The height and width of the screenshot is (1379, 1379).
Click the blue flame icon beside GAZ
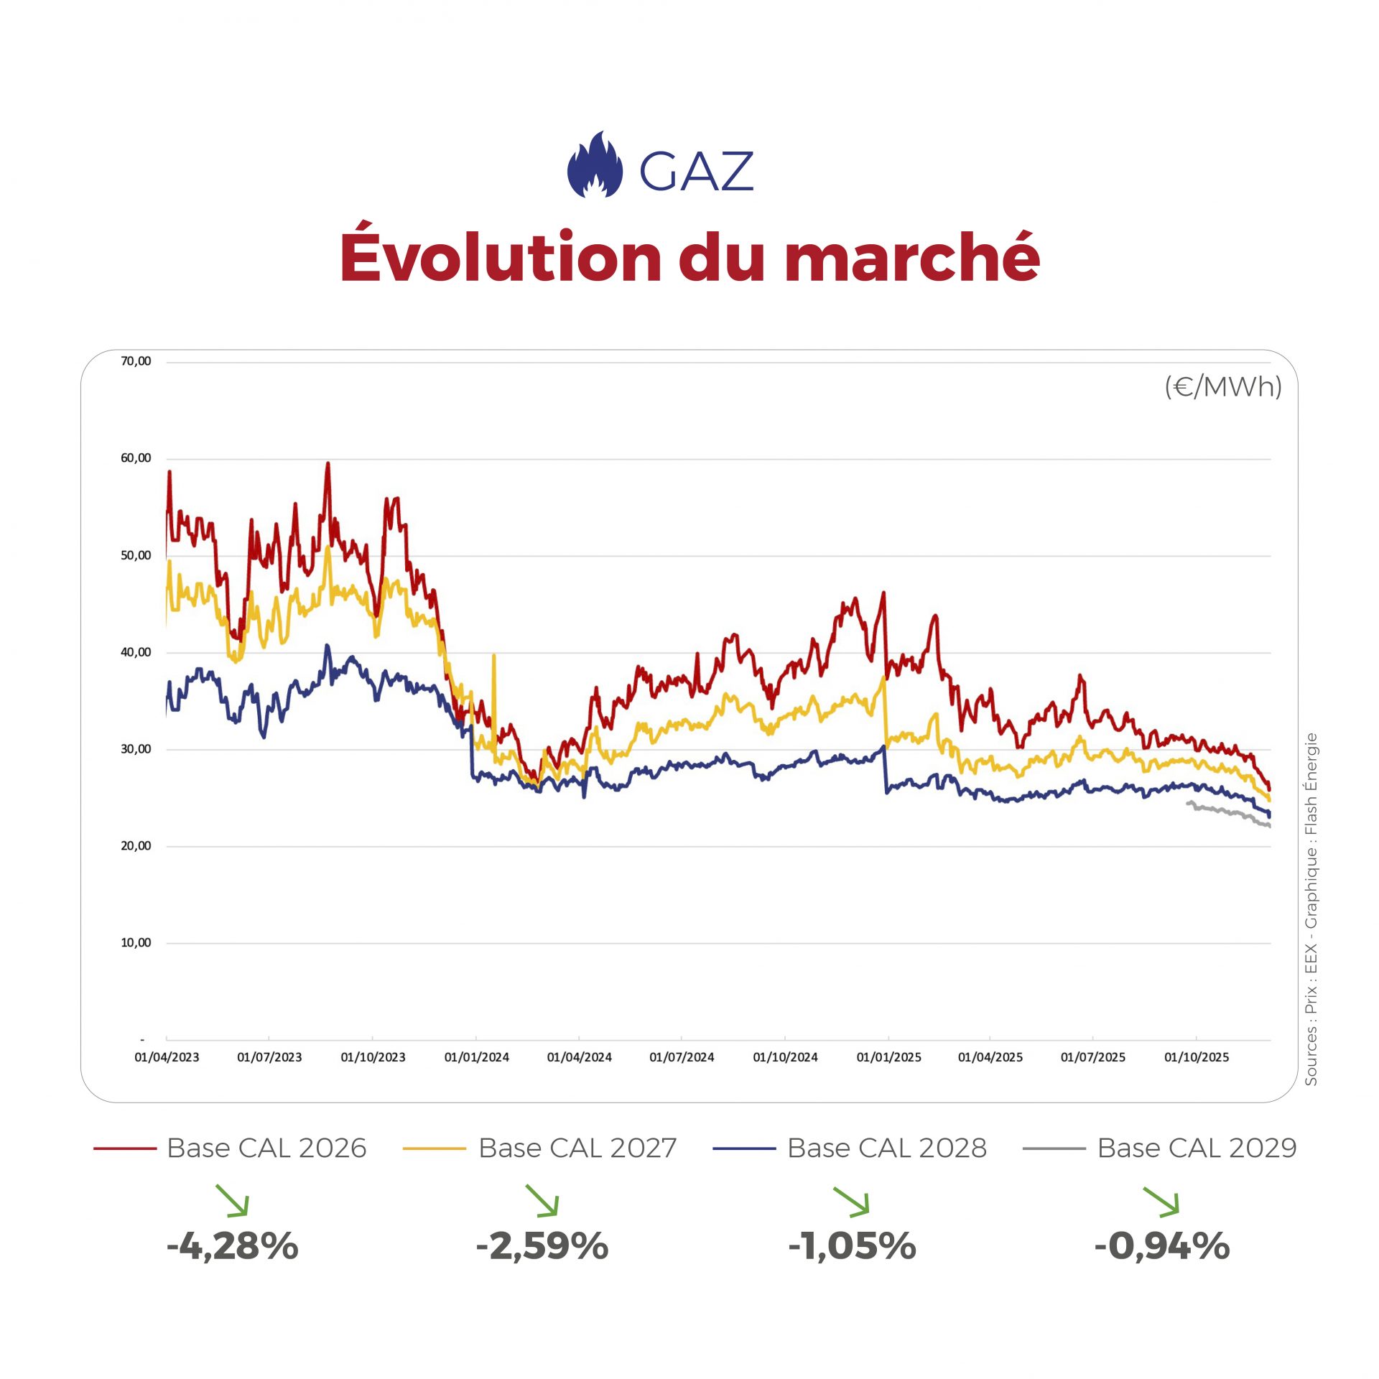click(x=595, y=165)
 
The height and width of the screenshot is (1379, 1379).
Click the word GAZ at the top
click(x=696, y=172)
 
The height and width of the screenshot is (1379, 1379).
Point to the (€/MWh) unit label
click(x=1222, y=387)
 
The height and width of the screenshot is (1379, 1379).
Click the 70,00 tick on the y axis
click(x=136, y=361)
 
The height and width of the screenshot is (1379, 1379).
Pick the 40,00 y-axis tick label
click(x=136, y=652)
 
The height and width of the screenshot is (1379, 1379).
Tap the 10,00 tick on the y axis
click(x=136, y=942)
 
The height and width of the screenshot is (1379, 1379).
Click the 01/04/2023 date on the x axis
click(x=167, y=1057)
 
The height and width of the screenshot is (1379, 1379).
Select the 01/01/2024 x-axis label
click(x=476, y=1057)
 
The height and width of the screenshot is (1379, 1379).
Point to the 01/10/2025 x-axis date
click(x=1197, y=1057)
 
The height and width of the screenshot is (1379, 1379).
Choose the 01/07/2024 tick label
click(x=682, y=1057)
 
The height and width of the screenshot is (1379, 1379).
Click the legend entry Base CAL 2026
click(x=266, y=1148)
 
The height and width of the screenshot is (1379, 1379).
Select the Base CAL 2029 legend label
click(x=1197, y=1148)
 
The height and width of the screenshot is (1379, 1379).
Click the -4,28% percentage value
click(x=232, y=1246)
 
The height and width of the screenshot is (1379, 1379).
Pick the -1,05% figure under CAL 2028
click(x=852, y=1246)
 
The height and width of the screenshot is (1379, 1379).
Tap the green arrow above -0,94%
click(x=1161, y=1202)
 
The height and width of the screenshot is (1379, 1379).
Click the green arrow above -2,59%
click(x=542, y=1201)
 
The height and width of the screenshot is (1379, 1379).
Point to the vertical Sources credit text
click(x=1311, y=909)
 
